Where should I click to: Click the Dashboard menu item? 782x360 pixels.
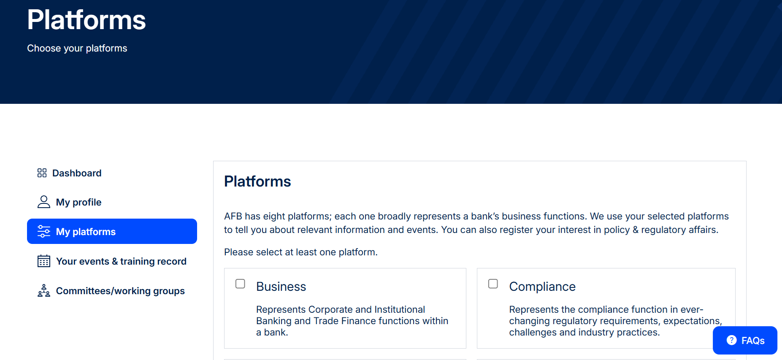click(69, 173)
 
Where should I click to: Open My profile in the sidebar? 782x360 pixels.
click(69, 202)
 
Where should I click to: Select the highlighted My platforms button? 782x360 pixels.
click(112, 231)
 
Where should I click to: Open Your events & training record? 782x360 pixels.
click(112, 261)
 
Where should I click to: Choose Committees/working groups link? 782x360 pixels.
click(111, 291)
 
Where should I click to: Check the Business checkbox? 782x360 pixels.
click(240, 284)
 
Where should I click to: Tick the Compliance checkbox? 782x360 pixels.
click(493, 284)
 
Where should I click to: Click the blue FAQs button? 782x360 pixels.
click(745, 340)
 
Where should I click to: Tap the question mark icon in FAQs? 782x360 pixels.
click(732, 340)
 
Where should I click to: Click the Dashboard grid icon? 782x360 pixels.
click(42, 173)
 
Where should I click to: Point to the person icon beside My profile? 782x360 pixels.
click(44, 202)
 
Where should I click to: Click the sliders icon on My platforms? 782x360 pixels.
click(44, 231)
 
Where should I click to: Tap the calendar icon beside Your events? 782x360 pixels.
click(44, 261)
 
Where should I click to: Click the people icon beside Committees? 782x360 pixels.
click(44, 291)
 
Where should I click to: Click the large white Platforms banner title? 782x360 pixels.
click(87, 20)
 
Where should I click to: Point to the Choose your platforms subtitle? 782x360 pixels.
click(77, 48)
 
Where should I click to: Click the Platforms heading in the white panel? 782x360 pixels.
click(257, 181)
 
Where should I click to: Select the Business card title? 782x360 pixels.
click(281, 287)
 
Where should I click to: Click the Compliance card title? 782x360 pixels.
click(542, 287)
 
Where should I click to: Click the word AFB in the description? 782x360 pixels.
click(233, 216)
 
